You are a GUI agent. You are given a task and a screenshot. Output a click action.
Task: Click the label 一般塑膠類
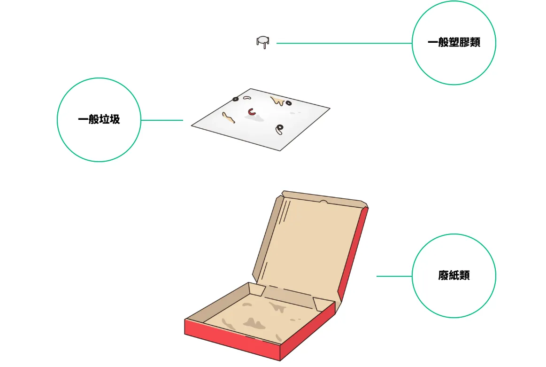click(454, 42)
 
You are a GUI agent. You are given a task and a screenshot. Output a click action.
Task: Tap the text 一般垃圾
click(99, 119)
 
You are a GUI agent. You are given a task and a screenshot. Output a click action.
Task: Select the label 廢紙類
click(454, 275)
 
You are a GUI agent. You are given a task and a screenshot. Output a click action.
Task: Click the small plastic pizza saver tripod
click(262, 42)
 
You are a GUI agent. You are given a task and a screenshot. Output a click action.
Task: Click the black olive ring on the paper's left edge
click(236, 99)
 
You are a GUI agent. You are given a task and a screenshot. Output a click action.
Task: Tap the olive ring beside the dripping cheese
click(289, 103)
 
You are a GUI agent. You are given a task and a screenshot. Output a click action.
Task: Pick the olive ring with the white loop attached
click(279, 129)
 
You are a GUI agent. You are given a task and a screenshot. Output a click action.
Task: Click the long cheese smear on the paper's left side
click(228, 117)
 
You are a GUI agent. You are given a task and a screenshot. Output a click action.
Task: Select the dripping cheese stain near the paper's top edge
click(277, 101)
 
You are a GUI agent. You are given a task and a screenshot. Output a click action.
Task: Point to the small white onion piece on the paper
click(247, 98)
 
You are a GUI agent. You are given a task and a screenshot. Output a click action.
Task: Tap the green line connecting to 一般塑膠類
click(344, 43)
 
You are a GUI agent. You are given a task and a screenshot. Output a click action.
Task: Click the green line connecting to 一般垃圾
click(162, 120)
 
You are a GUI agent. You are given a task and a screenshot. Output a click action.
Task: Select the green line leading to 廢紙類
click(394, 276)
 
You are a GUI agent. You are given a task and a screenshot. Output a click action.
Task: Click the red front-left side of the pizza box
click(232, 340)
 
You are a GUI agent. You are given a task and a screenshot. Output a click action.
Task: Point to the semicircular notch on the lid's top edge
click(323, 202)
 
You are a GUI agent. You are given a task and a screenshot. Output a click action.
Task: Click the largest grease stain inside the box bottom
click(254, 323)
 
